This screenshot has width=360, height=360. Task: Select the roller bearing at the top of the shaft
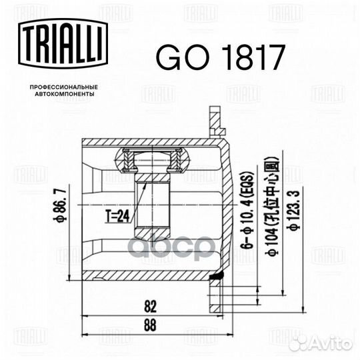[x=153, y=159]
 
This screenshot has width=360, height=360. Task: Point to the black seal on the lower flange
[x=217, y=275]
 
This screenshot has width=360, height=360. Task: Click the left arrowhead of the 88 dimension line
[x=83, y=332]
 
